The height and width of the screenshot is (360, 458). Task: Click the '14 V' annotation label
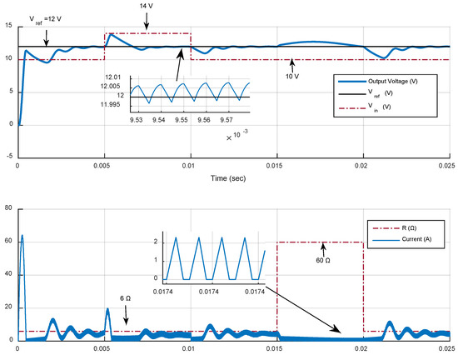[147, 6]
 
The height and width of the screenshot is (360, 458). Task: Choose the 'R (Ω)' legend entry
[398, 226]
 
